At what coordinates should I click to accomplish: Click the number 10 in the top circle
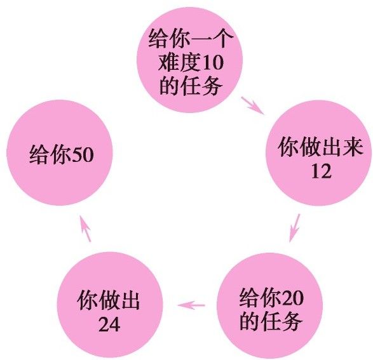(x=212, y=63)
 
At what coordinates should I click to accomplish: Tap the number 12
(x=321, y=171)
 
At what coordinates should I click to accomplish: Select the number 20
(x=292, y=298)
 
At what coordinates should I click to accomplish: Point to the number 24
(x=109, y=324)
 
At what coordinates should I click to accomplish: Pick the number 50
(x=83, y=155)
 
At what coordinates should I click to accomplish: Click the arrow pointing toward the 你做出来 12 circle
(x=253, y=105)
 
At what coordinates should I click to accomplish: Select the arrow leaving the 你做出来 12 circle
(x=294, y=228)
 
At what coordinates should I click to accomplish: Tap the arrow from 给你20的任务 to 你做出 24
(x=191, y=305)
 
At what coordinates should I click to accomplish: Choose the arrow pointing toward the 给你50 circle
(x=85, y=229)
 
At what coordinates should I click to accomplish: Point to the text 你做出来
(x=320, y=147)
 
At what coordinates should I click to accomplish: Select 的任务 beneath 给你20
(x=271, y=321)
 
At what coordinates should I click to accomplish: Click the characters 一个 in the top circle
(x=212, y=39)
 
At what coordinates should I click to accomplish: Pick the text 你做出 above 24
(x=109, y=300)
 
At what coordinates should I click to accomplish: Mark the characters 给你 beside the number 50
(x=50, y=155)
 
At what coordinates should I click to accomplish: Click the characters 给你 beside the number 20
(x=261, y=298)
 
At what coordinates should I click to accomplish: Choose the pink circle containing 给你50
(x=60, y=153)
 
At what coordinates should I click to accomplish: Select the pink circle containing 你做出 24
(x=110, y=305)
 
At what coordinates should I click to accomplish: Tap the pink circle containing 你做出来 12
(x=319, y=153)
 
